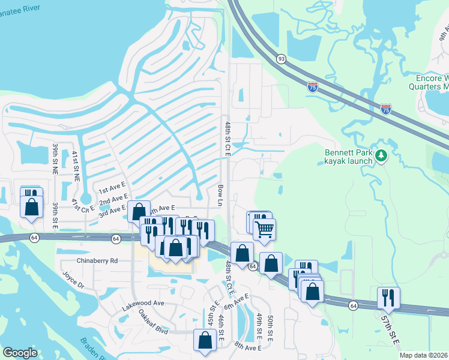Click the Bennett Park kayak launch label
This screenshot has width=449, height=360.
349,157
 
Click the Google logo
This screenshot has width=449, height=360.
20,353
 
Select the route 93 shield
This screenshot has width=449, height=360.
281,59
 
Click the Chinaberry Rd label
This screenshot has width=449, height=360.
97,261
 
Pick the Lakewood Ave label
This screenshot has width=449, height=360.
143,304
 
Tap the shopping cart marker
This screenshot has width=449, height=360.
264,229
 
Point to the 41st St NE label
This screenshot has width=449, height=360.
76,166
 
